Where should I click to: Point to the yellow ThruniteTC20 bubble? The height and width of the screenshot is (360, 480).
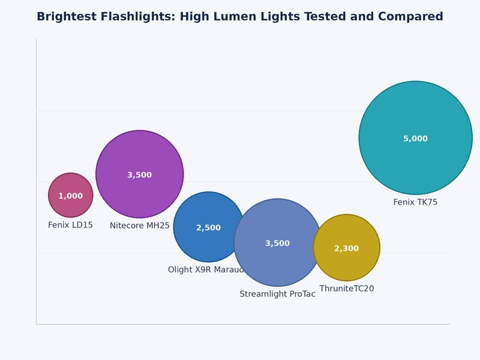(347, 264)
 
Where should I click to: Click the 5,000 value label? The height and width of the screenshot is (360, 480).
(415, 139)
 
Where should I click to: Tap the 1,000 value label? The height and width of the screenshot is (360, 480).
(70, 196)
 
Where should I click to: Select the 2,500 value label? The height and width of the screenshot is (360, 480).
(208, 228)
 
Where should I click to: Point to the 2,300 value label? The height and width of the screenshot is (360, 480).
(346, 248)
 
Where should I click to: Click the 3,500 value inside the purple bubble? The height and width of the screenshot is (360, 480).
(139, 175)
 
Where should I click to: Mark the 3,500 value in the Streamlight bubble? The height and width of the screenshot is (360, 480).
(277, 244)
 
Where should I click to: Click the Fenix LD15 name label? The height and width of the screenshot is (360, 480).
(70, 225)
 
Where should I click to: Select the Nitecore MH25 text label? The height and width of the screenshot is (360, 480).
(139, 226)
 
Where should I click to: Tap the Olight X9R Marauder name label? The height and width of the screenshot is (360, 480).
(206, 270)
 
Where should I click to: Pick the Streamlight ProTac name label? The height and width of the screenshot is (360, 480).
(277, 294)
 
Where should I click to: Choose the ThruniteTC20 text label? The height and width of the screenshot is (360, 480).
(346, 289)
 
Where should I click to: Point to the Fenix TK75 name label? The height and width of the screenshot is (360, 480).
(415, 202)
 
